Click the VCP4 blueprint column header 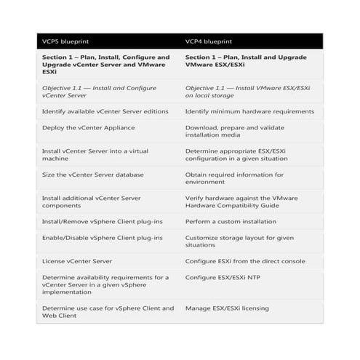pos(212,41)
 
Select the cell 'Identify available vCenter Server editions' pos(105,111)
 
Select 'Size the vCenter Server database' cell pos(92,175)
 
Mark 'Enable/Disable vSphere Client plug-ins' pos(103,238)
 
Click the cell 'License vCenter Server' pos(76,261)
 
